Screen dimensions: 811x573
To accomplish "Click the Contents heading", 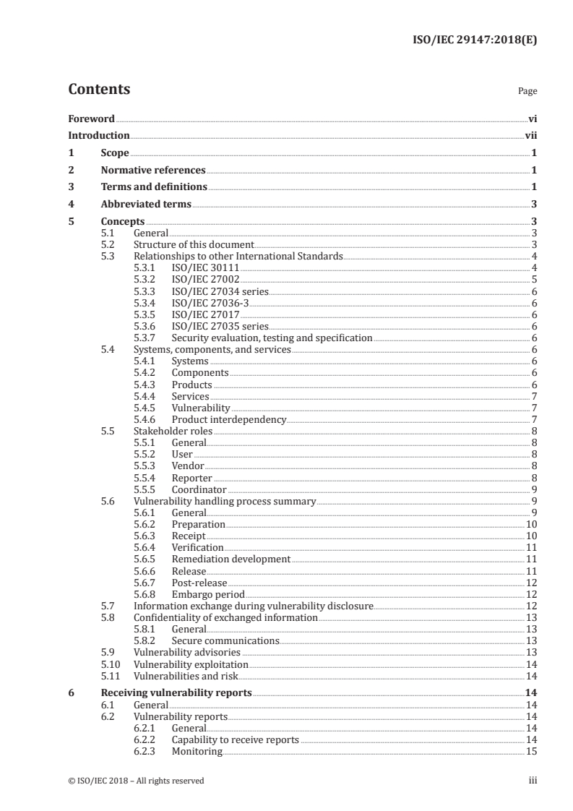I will (x=99, y=90).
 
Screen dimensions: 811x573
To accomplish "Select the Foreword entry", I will (x=91, y=119).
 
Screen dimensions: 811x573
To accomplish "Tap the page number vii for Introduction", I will (x=530, y=135).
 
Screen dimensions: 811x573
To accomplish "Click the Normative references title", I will (x=153, y=170).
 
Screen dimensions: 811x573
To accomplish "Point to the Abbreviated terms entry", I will (x=146, y=204).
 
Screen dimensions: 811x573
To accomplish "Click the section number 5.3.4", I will (x=146, y=303).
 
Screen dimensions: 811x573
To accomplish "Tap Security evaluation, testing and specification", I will (x=272, y=338).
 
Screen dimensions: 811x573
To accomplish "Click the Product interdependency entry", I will (x=229, y=419).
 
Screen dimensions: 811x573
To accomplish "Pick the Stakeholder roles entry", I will (x=173, y=431).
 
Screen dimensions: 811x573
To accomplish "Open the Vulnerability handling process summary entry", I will (x=225, y=501).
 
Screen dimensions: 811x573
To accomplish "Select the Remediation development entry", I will (x=231, y=559).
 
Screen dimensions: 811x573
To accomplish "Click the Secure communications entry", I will (x=225, y=640).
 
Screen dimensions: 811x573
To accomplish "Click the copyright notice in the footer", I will (x=136, y=780).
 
